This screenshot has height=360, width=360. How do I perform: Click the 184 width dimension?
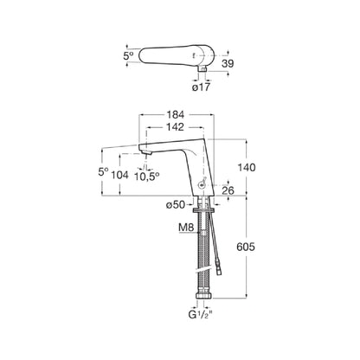click(176, 114)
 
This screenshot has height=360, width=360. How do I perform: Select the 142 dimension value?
click(176, 127)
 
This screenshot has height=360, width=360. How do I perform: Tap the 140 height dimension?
click(246, 167)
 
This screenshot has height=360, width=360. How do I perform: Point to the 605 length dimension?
click(246, 247)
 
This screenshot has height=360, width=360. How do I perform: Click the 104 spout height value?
click(120, 175)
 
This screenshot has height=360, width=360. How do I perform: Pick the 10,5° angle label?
click(146, 176)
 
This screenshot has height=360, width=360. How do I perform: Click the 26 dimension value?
click(228, 190)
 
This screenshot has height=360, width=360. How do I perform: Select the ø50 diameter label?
click(176, 205)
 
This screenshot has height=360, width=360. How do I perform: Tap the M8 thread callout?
click(186, 228)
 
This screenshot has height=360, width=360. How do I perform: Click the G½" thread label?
click(201, 315)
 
